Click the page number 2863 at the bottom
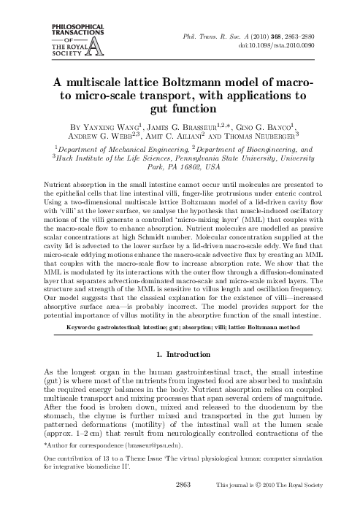[x=180, y=483]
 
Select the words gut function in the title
[x=180, y=110]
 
